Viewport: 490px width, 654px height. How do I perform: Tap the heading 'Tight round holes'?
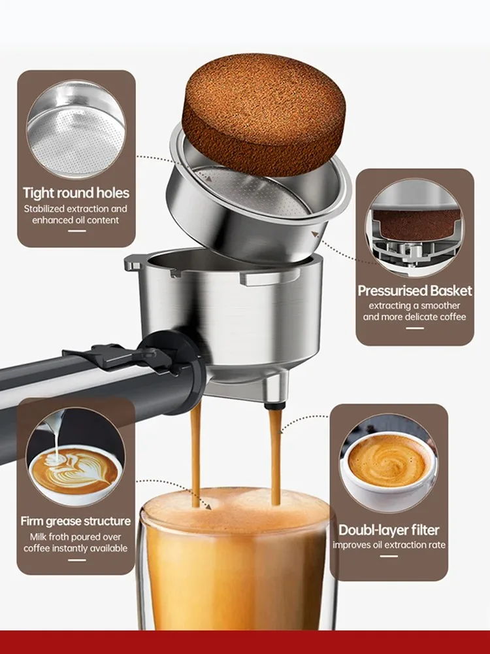coord(76,193)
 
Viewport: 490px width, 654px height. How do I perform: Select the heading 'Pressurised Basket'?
coord(415,290)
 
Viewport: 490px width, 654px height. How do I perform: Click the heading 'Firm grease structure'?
coord(76,521)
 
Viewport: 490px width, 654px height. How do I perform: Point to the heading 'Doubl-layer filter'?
coord(389,530)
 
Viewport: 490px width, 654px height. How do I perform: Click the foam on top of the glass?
coord(235,507)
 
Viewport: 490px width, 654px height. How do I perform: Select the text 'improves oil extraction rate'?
coord(389,545)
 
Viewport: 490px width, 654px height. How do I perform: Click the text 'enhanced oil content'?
coord(76,220)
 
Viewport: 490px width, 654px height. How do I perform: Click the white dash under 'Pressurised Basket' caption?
coord(414,328)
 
